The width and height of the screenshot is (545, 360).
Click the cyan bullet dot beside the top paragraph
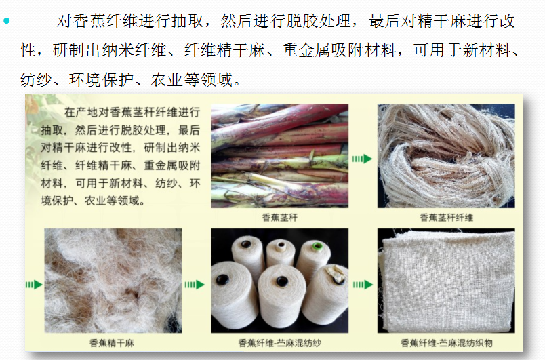(7, 21)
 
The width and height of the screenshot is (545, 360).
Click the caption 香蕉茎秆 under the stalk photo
(279, 218)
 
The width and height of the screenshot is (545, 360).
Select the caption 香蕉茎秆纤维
(446, 218)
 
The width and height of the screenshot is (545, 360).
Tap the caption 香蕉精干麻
(112, 343)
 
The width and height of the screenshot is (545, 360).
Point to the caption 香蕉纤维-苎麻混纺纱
(279, 343)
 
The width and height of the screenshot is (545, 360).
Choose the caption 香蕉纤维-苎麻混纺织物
(446, 343)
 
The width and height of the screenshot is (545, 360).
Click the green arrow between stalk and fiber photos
(362, 159)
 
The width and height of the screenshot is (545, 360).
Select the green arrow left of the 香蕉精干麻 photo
(34, 285)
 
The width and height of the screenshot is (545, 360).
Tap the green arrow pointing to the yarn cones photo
(195, 285)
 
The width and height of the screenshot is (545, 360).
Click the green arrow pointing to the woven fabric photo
(363, 285)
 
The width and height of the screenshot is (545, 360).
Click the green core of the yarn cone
(317, 246)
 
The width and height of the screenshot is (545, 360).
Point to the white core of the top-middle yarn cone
(281, 246)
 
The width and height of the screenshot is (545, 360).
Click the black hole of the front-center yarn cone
(282, 281)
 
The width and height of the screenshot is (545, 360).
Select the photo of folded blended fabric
(446, 281)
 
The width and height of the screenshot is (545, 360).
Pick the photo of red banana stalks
(279, 156)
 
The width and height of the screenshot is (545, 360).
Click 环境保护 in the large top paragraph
(101, 80)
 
